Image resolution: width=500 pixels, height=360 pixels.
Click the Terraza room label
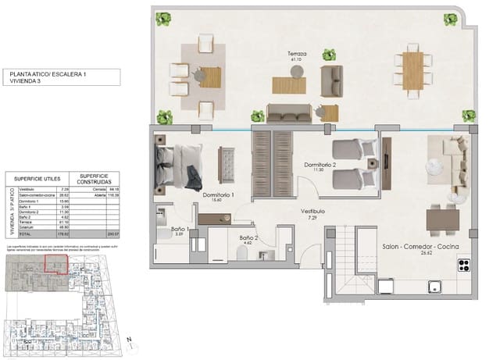pos(296,54)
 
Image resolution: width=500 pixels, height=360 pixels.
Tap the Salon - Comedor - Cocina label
pos(420,247)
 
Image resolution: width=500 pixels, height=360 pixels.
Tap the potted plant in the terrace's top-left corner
pos(163,18)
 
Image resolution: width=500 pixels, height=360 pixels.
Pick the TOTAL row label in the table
pos(27,233)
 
